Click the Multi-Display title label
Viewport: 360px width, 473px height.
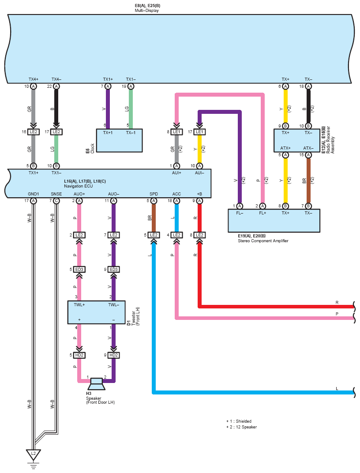(x=146, y=11)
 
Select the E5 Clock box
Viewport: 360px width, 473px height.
(x=119, y=141)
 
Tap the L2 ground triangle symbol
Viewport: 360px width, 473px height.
(x=33, y=454)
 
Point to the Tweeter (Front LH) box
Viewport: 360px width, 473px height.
(x=96, y=312)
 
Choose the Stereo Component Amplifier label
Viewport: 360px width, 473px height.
(x=263, y=241)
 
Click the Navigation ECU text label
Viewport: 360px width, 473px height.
(x=79, y=186)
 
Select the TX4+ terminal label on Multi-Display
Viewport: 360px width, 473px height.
(x=34, y=79)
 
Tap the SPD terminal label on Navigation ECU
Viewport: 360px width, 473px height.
(x=154, y=194)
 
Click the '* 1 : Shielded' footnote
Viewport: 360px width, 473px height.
(x=239, y=421)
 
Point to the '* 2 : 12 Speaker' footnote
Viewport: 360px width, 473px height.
(x=241, y=427)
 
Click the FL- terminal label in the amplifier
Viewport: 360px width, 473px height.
(x=240, y=213)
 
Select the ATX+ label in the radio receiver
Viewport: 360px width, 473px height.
(x=285, y=148)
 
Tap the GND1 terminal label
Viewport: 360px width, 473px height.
(x=34, y=194)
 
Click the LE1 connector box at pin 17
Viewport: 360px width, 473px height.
(x=199, y=132)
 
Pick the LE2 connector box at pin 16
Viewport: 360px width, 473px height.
(x=33, y=132)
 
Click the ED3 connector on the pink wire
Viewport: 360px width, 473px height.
(x=79, y=270)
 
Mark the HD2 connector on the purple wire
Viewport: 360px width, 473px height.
(x=114, y=355)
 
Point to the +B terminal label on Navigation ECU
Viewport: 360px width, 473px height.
(x=199, y=194)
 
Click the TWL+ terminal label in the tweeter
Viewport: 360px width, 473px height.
(x=79, y=305)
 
